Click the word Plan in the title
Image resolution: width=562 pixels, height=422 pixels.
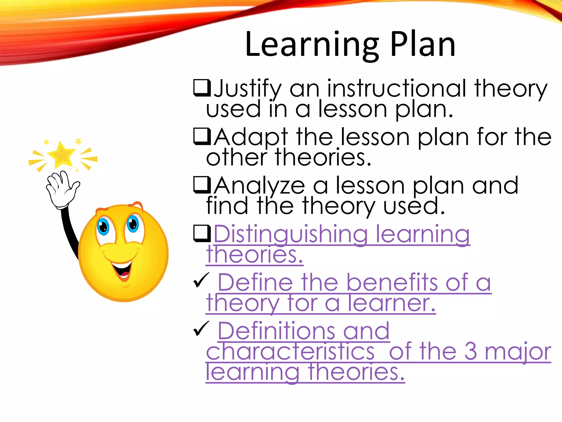click(x=423, y=45)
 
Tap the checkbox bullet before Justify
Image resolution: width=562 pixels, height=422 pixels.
click(x=202, y=88)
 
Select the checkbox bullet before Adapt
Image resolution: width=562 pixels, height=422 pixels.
click(x=202, y=137)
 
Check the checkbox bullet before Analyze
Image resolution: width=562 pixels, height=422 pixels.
click(x=202, y=185)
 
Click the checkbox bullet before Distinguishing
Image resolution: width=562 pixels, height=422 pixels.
click(x=202, y=233)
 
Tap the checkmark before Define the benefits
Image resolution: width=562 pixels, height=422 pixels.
click(x=201, y=280)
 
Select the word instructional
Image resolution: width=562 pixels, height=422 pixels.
click(x=397, y=88)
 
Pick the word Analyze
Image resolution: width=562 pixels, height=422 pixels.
click(x=259, y=186)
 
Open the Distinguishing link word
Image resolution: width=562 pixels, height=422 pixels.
click(x=291, y=234)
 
